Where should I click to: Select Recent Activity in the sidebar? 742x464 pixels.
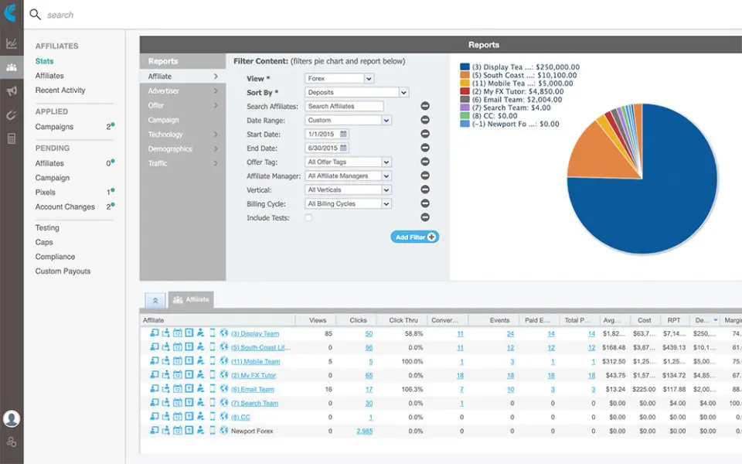[x=60, y=90]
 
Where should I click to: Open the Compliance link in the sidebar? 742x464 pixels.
[x=55, y=257]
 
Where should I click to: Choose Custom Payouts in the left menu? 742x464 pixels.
[x=63, y=271]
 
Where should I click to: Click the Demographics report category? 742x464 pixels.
[x=170, y=149]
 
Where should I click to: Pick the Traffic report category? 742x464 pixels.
[x=158, y=163]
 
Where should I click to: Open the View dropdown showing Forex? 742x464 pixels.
[x=339, y=79]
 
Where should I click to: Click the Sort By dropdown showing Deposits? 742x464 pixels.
[x=356, y=93]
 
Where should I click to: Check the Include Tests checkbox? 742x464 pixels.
[x=308, y=219]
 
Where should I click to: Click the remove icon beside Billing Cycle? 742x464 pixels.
[x=425, y=204]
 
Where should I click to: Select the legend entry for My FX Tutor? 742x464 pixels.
[x=513, y=91]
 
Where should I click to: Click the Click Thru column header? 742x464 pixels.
[x=403, y=320]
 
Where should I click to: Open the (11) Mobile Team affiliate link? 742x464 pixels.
[x=256, y=362]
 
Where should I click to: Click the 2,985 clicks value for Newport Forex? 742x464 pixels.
[x=364, y=432]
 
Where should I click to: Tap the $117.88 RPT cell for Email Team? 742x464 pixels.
[x=675, y=390]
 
